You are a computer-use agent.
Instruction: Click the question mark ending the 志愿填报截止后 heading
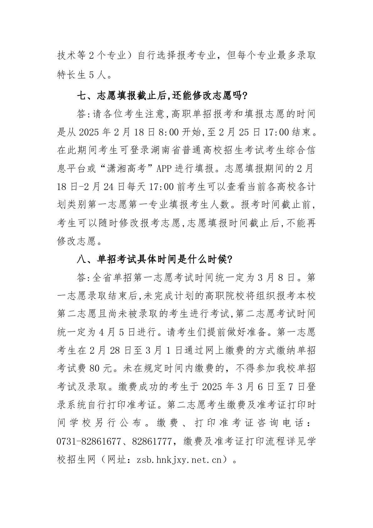245,96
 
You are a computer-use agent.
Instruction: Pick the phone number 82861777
152,441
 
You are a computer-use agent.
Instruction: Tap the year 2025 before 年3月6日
214,387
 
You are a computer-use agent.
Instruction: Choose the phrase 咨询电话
281,423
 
